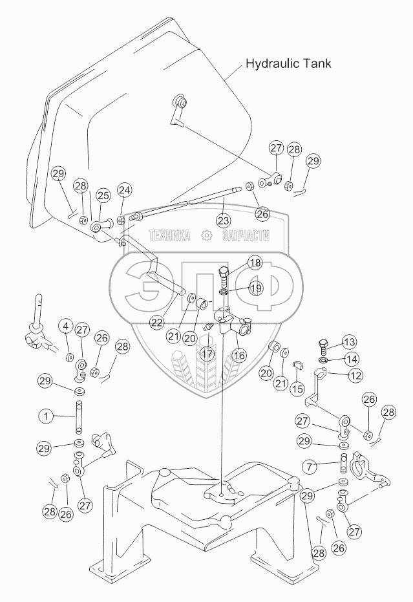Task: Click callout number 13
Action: click(348, 342)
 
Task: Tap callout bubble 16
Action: click(240, 355)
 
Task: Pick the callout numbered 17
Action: click(206, 354)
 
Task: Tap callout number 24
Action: click(124, 190)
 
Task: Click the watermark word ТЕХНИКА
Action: click(170, 236)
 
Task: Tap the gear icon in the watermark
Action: click(206, 236)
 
